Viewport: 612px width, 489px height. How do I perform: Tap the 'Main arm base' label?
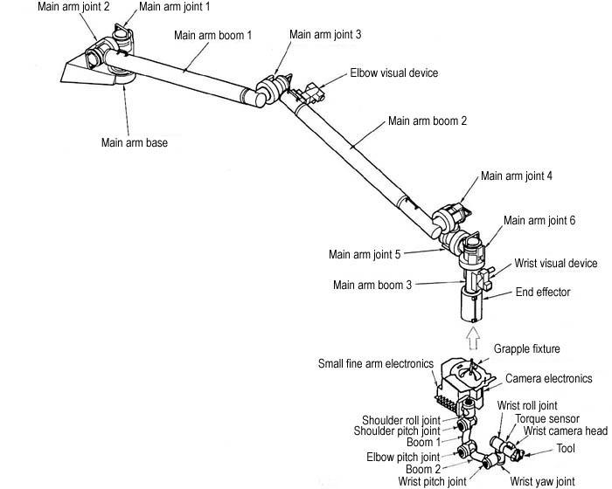pos(134,143)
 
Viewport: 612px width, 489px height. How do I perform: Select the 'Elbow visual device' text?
pos(393,73)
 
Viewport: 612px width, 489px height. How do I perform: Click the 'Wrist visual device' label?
pos(557,263)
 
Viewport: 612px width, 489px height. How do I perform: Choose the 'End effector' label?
pos(542,293)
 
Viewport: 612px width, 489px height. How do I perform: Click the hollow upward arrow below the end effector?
pos(472,335)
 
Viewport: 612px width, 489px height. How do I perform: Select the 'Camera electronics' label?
pos(549,379)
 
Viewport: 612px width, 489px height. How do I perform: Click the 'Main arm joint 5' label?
pos(365,255)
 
